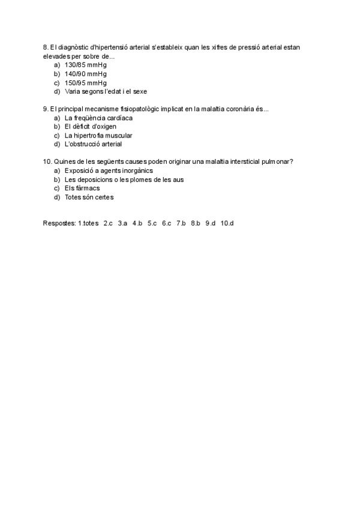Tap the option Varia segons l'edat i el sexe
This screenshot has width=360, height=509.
coord(106,92)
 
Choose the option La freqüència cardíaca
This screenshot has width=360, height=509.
coord(98,118)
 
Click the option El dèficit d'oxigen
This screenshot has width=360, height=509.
coord(90,127)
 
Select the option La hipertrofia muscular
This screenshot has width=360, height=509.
coord(98,136)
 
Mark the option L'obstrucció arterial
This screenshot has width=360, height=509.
coord(93,144)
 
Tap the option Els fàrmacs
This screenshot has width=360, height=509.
coord(82,188)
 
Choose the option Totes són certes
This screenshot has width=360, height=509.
coord(89,197)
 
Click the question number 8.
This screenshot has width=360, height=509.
coord(46,47)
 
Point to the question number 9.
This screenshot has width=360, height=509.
coord(46,109)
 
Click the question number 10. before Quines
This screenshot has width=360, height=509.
coord(47,161)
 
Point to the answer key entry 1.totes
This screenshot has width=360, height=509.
coord(88,223)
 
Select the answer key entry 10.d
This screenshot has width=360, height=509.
coord(227,223)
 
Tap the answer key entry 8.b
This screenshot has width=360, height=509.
coord(196,223)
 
